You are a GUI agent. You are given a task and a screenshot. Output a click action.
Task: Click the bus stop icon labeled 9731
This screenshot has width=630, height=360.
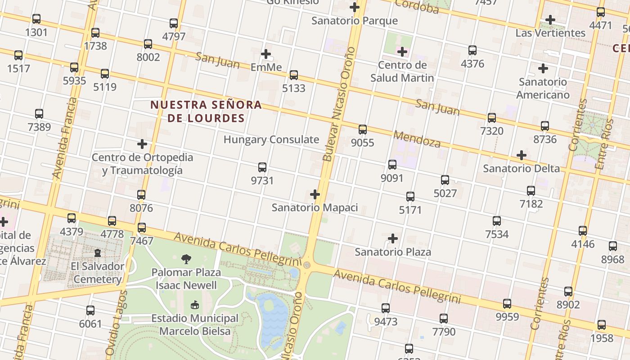click(x=262, y=167)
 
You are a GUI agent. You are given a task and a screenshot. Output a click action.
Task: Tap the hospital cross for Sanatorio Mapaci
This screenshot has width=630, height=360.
click(x=315, y=194)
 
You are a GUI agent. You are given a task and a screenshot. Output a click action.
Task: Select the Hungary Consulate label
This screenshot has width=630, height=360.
click(x=271, y=139)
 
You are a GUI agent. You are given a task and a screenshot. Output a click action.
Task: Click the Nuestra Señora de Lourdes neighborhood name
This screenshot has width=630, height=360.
click(x=206, y=112)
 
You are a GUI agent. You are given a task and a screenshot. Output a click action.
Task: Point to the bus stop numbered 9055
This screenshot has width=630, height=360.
click(x=363, y=130)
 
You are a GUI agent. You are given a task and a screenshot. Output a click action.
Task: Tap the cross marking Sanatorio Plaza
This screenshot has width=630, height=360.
click(x=393, y=238)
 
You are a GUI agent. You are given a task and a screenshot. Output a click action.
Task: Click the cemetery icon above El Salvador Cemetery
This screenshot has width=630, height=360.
click(x=98, y=252)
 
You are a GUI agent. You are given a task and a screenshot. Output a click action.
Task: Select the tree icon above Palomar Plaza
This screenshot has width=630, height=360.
click(x=186, y=259)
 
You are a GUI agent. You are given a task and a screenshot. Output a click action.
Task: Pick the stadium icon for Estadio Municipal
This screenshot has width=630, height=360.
click(x=194, y=305)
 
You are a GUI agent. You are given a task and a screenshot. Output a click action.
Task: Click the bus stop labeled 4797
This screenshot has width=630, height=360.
click(x=174, y=23)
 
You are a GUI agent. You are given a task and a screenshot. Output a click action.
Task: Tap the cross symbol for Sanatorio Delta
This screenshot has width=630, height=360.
click(x=522, y=155)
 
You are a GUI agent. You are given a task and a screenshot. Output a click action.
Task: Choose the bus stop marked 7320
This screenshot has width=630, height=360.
click(x=492, y=118)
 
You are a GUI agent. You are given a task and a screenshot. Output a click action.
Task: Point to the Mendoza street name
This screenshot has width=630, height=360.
click(x=417, y=139)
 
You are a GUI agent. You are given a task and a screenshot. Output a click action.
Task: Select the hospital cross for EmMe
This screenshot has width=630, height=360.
click(x=266, y=54)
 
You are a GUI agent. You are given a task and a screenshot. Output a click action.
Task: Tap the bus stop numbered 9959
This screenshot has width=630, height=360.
click(x=507, y=304)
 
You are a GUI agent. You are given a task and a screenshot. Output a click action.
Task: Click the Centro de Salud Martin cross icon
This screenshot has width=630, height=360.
click(x=402, y=52)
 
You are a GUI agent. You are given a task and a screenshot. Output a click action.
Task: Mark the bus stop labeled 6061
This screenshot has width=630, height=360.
click(x=90, y=310)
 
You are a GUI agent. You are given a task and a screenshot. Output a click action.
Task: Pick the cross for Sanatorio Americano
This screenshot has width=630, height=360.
click(x=543, y=68)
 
